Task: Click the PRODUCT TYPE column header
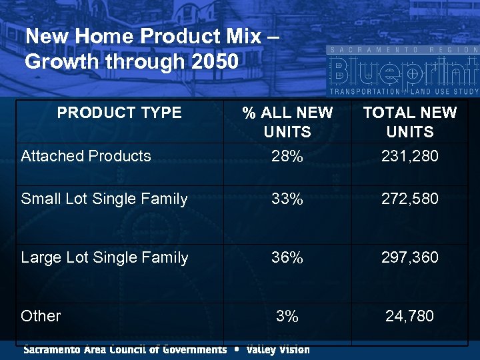[x=119, y=113]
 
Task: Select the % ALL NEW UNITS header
[x=287, y=122]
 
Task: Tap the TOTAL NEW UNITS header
[x=409, y=122]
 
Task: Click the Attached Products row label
[x=86, y=156]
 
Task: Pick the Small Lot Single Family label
[x=104, y=199]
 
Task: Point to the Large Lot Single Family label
[x=105, y=257]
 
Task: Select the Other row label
[x=41, y=316]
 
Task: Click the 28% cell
[x=287, y=157]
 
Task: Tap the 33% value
[x=287, y=199]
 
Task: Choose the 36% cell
[x=287, y=257]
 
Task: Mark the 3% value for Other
[x=287, y=316]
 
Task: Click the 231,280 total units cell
[x=409, y=157]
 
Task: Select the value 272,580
[x=409, y=199]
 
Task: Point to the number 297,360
[x=409, y=257]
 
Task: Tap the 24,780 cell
[x=409, y=316]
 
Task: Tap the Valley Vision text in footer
[x=278, y=349]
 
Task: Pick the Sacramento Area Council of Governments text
[x=125, y=349]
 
